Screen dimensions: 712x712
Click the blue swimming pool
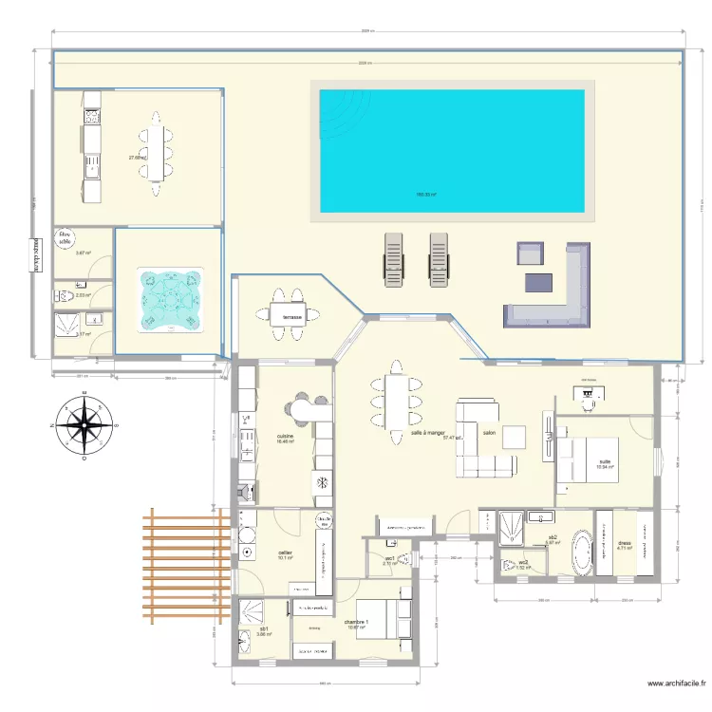tap(451, 150)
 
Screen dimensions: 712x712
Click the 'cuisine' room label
tap(285, 436)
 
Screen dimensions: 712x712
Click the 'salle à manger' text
tap(428, 433)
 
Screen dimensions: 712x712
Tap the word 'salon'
tap(489, 433)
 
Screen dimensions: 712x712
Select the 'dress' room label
tap(624, 543)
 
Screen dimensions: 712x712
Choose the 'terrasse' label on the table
tap(291, 317)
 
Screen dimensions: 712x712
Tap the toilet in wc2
tap(511, 564)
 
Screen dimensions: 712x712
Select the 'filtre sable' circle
tap(65, 237)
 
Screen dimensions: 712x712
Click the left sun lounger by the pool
tap(393, 258)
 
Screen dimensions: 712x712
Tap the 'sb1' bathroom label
tap(263, 629)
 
